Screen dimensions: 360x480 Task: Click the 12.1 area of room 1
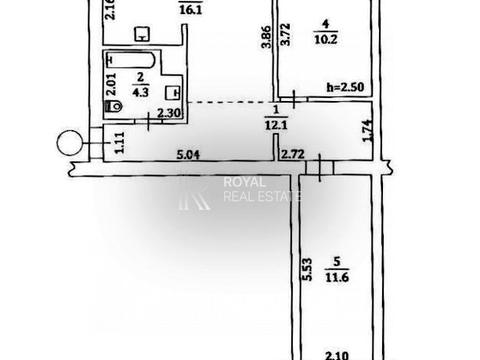[x=275, y=124]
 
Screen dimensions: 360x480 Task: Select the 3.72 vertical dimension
[x=285, y=42]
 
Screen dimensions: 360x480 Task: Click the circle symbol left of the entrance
[x=71, y=145]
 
